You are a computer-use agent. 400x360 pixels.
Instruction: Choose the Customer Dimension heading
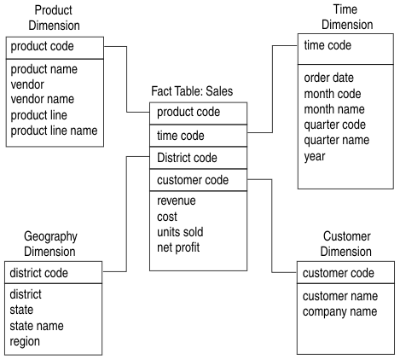(x=346, y=244)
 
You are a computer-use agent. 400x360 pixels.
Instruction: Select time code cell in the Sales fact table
(x=180, y=135)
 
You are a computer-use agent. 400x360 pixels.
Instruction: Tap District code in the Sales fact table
(x=188, y=157)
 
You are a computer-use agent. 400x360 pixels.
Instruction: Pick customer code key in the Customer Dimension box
(x=339, y=273)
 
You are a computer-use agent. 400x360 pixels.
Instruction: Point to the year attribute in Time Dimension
(x=315, y=155)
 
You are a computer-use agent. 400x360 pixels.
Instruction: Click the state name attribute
(x=37, y=325)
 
